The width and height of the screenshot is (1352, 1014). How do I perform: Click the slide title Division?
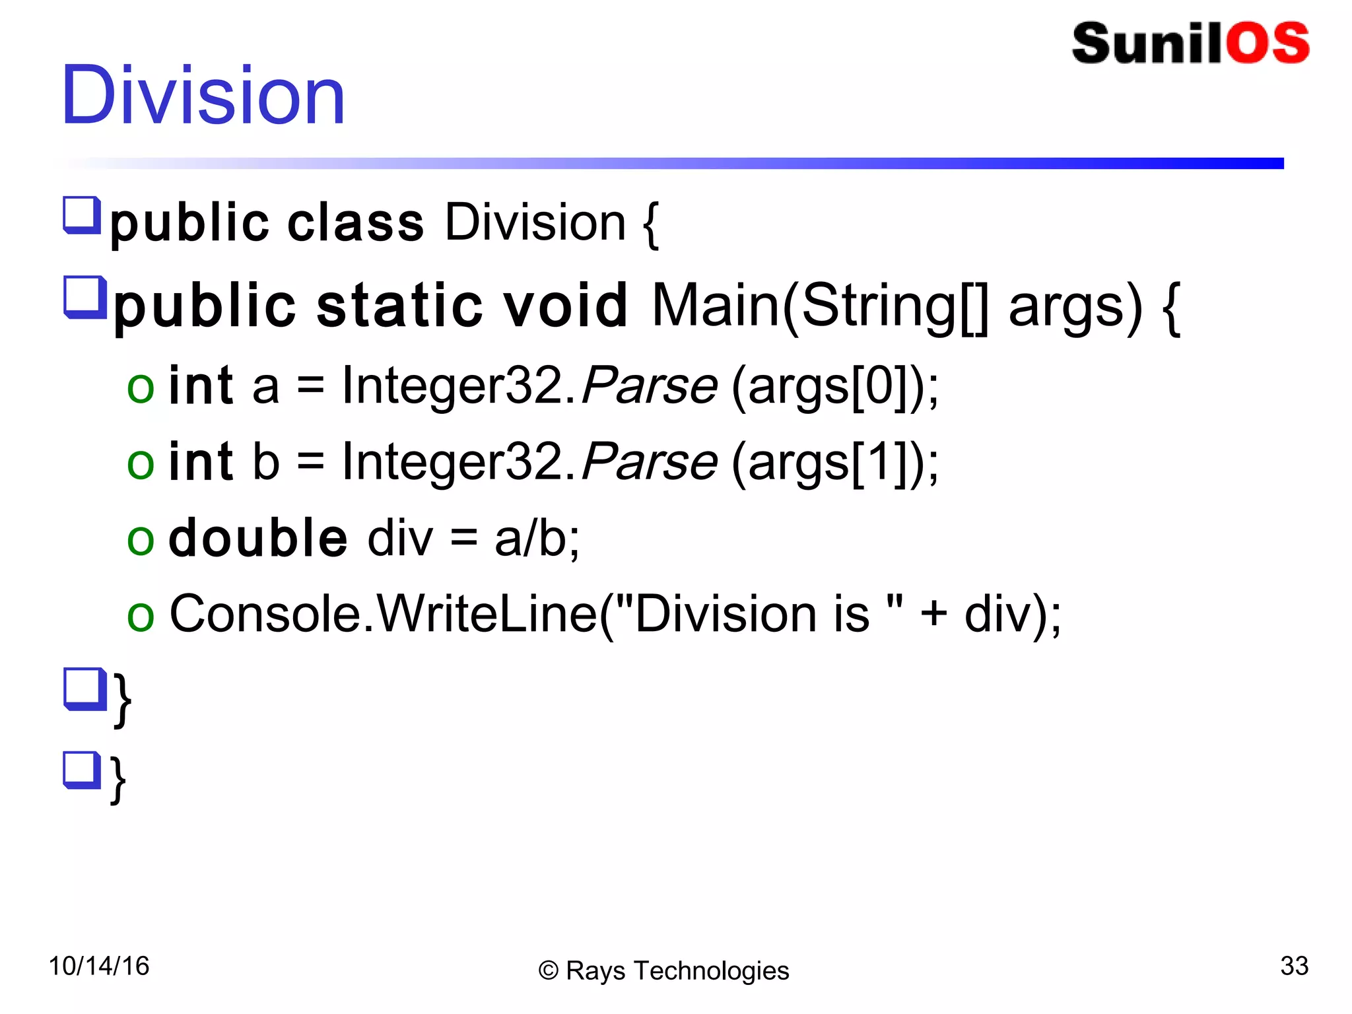[x=203, y=95]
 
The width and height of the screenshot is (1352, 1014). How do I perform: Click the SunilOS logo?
[x=1190, y=44]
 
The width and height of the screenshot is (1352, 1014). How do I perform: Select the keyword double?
[x=257, y=537]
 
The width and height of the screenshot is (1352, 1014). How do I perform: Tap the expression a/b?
[x=537, y=539]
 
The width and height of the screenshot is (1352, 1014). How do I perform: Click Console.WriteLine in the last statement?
[x=383, y=614]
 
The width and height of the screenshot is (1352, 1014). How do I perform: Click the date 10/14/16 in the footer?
[x=99, y=966]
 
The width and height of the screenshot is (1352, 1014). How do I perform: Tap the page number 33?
[x=1294, y=966]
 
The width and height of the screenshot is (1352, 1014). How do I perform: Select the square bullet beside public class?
[x=82, y=215]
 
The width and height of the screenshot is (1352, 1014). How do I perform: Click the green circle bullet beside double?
[x=141, y=540]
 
